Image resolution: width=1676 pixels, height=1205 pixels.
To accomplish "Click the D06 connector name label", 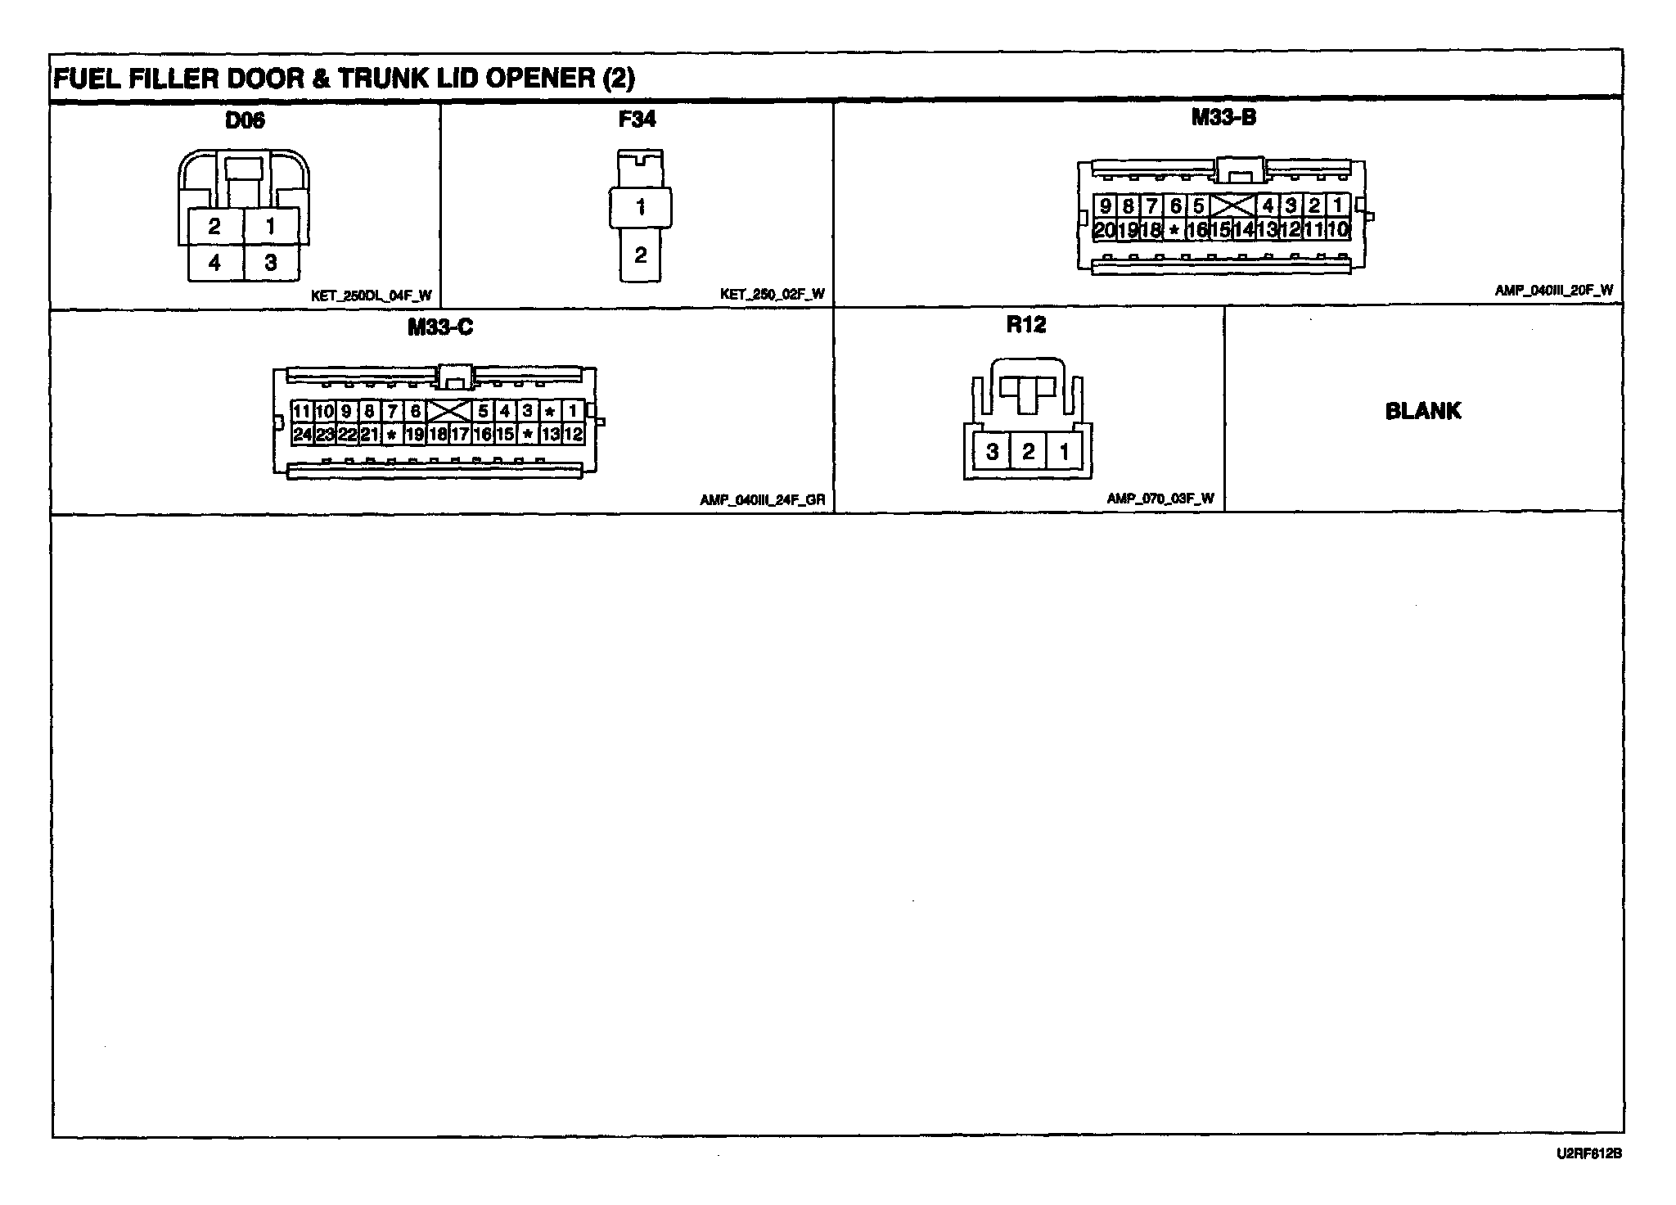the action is (x=245, y=121).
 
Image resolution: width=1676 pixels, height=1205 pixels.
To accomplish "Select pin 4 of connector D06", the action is (x=214, y=262).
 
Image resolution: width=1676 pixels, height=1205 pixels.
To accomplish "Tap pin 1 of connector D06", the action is (x=271, y=225).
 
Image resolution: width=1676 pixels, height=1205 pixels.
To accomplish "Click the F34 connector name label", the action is (x=637, y=120).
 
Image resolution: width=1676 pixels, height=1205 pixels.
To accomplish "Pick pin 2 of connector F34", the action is (x=640, y=255).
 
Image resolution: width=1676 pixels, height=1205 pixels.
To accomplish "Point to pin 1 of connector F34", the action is (x=640, y=207).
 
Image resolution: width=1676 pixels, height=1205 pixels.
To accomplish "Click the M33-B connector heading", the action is (x=1223, y=118).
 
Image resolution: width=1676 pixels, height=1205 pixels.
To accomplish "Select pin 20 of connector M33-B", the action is (x=1104, y=230).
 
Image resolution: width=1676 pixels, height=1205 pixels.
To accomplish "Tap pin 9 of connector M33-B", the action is (x=1105, y=206).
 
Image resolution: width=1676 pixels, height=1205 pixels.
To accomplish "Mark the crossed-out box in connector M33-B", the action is (x=1232, y=206).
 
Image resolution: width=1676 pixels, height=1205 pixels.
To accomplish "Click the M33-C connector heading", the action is (x=440, y=327).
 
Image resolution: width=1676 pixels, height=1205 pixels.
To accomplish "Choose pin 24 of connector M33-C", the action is (x=302, y=434).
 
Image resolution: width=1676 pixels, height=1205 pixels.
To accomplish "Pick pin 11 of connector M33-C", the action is (x=302, y=411).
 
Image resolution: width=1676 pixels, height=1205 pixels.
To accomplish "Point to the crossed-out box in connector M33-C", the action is (x=449, y=411).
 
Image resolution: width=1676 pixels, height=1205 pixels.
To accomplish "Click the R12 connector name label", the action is (x=1026, y=325).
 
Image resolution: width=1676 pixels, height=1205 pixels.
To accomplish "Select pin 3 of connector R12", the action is (x=992, y=451).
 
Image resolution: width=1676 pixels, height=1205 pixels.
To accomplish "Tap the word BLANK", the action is (x=1423, y=411).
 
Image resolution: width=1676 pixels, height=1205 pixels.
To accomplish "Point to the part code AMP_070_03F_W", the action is (x=1160, y=499).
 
